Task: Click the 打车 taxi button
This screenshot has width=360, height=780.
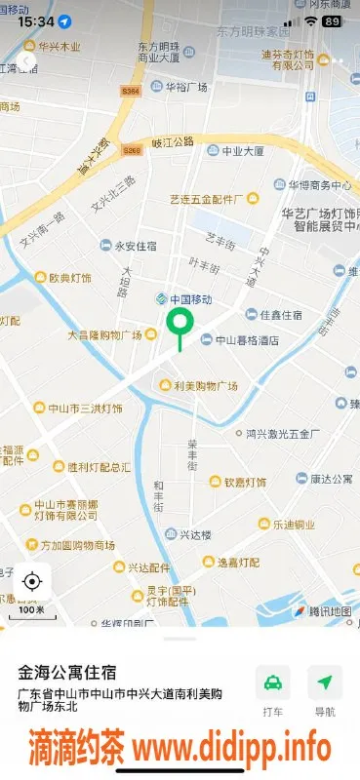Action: click(x=273, y=691)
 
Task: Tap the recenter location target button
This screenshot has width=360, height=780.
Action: click(x=31, y=582)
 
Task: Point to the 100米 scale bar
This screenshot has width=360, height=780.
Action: click(x=31, y=611)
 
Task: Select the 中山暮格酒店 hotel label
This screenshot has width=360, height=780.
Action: click(x=239, y=340)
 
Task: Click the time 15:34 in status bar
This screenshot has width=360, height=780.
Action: click(x=35, y=20)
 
